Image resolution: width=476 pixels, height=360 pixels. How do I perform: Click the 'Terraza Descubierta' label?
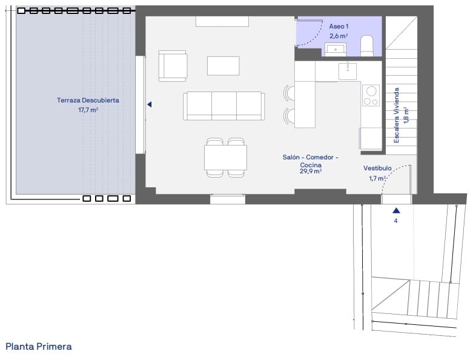88,100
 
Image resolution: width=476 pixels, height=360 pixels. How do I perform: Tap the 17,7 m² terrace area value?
88,110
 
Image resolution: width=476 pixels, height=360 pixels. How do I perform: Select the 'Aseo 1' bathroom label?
339,27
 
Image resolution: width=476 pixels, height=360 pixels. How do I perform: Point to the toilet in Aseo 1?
367,45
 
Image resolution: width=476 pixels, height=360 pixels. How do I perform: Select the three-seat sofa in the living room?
224,106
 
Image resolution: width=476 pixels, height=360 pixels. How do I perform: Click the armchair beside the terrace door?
173,66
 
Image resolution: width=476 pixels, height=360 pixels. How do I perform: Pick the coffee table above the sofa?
223,65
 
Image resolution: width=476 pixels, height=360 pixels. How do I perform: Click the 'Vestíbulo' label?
377,168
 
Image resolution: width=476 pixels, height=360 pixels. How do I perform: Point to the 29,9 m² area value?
310,172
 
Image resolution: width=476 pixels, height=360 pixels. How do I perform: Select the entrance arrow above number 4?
395,210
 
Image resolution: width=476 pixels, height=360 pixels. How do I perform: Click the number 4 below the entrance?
395,221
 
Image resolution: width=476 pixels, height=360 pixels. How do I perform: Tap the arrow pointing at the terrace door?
149,105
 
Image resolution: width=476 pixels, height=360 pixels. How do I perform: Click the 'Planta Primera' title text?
39,347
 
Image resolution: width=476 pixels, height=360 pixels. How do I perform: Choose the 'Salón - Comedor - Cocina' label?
310,161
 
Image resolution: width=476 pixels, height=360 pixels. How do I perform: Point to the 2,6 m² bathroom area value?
338,36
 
